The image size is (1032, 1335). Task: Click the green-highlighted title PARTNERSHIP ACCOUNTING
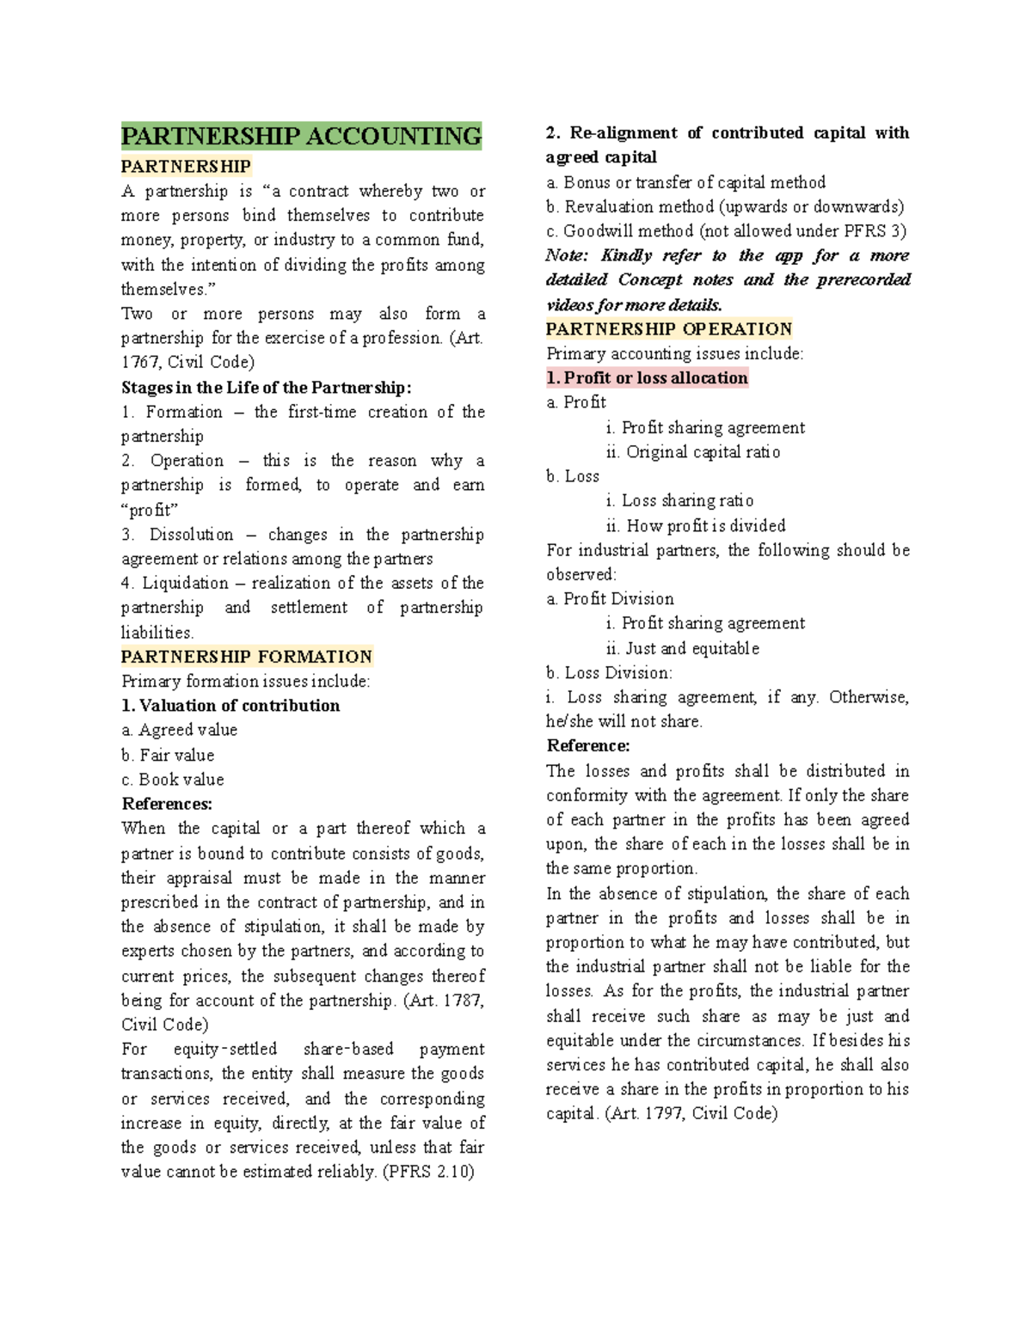click(x=301, y=136)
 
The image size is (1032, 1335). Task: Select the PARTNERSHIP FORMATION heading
click(x=246, y=657)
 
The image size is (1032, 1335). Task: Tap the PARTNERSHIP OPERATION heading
click(x=668, y=329)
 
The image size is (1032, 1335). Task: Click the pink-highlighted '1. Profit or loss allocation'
click(x=647, y=378)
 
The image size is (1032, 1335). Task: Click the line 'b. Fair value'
click(x=168, y=756)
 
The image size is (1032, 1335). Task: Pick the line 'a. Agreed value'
click(x=179, y=730)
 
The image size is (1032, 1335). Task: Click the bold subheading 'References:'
click(x=167, y=805)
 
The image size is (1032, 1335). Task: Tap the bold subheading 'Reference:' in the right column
click(x=588, y=746)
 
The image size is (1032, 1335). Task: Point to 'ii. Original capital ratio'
click(x=693, y=452)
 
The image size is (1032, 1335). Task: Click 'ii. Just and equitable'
click(x=683, y=648)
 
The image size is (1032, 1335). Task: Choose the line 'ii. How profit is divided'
click(x=696, y=525)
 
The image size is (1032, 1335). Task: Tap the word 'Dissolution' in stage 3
click(x=191, y=535)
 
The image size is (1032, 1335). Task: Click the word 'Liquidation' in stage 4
click(x=185, y=584)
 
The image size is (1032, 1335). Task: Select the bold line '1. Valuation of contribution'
click(x=230, y=706)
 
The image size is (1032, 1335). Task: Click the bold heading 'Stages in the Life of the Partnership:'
click(x=267, y=388)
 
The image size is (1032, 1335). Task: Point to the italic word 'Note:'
click(x=567, y=255)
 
